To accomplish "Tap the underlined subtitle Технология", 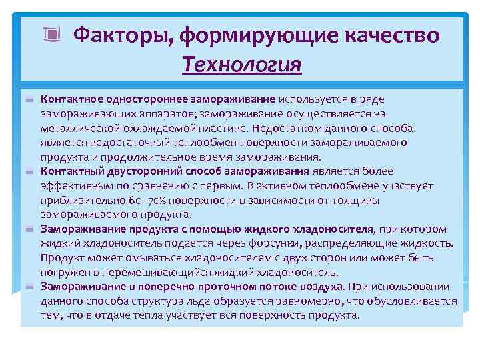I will pos(242,65).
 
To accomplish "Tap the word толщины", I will pos(354,200).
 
